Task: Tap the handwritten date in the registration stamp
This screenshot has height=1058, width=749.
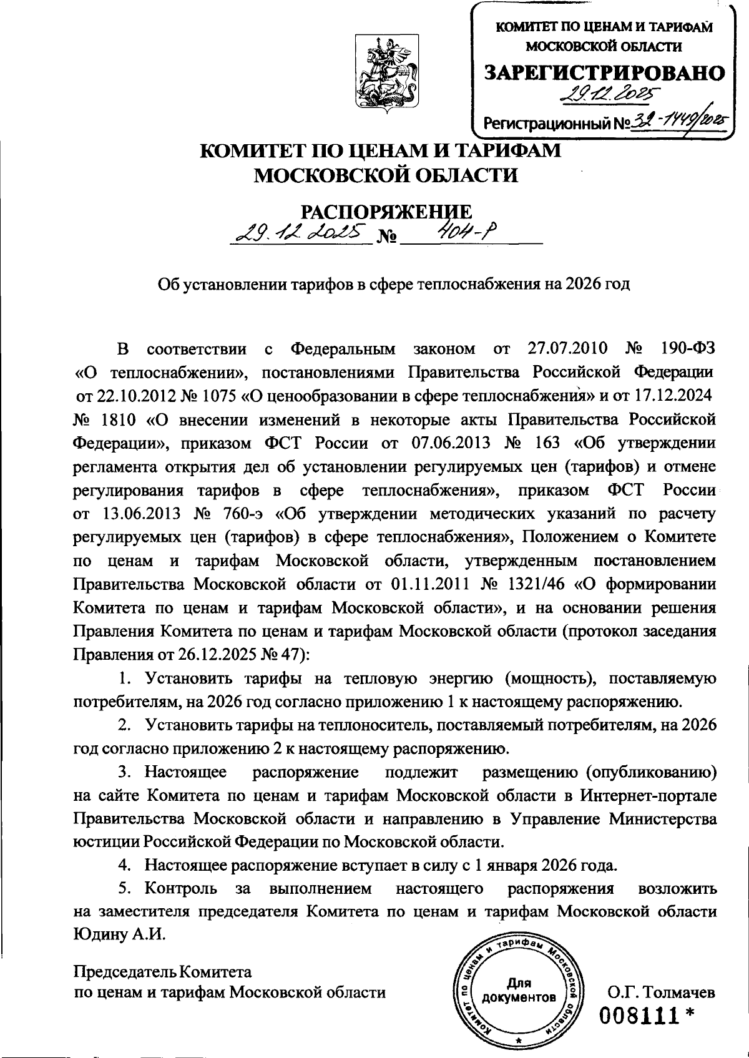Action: pyautogui.click(x=602, y=96)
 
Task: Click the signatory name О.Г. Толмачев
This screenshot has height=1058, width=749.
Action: pyautogui.click(x=662, y=991)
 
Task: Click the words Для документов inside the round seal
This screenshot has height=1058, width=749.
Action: pyautogui.click(x=519, y=990)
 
